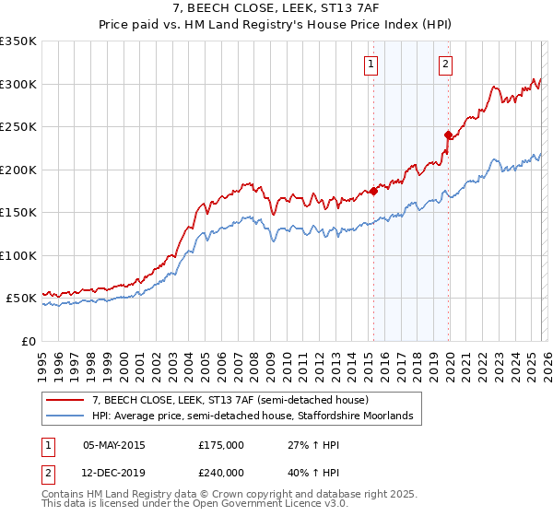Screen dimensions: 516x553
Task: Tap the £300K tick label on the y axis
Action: point(18,84)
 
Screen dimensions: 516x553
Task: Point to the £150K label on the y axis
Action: point(18,213)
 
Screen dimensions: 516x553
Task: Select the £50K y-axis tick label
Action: point(22,299)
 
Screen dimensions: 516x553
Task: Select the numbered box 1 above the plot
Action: point(371,64)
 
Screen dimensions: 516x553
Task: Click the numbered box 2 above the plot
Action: point(445,64)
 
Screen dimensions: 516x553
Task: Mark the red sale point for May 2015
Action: point(373,192)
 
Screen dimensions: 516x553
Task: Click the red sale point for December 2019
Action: point(448,135)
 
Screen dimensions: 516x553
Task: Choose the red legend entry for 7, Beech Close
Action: point(230,400)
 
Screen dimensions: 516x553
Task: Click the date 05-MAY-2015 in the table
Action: point(114,444)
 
